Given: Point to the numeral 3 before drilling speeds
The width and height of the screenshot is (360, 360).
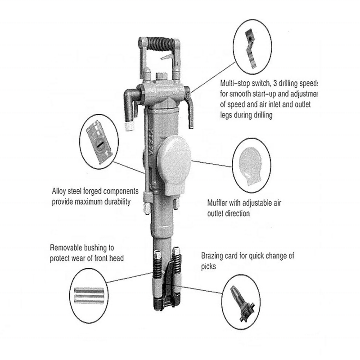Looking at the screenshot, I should (271, 84).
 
